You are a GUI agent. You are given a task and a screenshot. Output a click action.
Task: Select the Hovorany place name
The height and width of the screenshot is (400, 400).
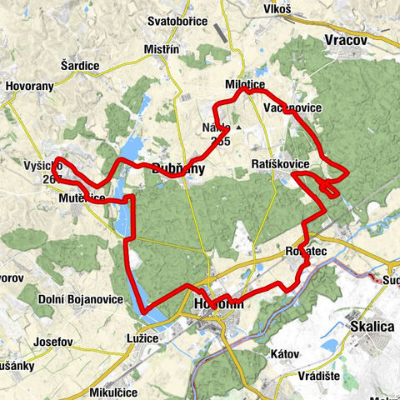click(31, 85)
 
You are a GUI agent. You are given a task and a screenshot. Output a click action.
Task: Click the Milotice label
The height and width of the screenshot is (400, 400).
click(243, 85)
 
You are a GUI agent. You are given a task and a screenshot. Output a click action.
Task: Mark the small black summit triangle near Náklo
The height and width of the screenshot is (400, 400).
click(239, 128)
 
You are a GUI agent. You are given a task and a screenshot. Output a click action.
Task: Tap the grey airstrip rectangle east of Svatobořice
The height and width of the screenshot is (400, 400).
click(219, 31)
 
